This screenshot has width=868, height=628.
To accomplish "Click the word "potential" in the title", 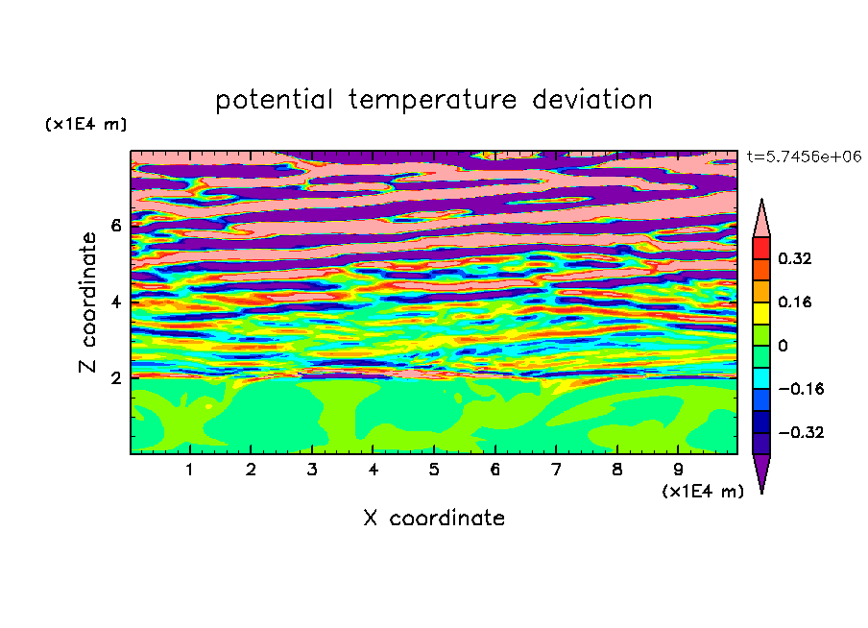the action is [x=274, y=100].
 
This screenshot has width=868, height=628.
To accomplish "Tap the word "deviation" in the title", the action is [x=591, y=99].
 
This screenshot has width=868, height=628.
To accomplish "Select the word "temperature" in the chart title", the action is [x=432, y=101].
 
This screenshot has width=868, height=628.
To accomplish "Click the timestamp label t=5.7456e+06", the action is [x=804, y=157].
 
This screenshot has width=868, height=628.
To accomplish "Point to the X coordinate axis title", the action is [x=434, y=518].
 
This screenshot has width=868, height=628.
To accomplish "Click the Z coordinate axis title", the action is [x=87, y=302].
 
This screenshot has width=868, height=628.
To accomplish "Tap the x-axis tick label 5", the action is [x=434, y=470].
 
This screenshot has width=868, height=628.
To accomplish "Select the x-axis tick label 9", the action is [x=678, y=470].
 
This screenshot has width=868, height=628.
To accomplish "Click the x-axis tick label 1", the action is [x=189, y=470].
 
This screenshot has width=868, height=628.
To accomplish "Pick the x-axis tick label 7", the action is [x=556, y=470].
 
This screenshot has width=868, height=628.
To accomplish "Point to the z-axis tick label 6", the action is [x=115, y=226].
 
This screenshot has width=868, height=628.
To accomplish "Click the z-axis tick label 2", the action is [x=115, y=378].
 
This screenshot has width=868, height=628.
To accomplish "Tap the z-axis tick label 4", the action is [x=115, y=302].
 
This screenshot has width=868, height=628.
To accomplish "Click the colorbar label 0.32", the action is [x=794, y=258].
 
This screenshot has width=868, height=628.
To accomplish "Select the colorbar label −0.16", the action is [x=801, y=389].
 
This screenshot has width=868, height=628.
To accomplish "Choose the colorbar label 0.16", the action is [x=794, y=302].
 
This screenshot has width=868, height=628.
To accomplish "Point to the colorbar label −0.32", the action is [x=801, y=432].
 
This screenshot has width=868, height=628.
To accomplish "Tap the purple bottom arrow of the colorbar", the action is [x=761, y=470].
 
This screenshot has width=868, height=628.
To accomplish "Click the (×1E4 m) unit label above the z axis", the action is [x=85, y=124].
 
